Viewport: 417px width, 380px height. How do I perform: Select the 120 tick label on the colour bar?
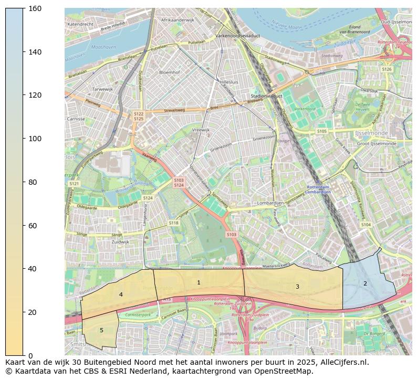35,95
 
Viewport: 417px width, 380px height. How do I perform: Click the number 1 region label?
199,283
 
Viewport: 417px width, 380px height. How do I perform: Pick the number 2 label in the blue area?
365,284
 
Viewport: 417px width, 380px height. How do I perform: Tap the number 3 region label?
297,287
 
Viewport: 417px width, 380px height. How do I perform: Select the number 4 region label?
121,295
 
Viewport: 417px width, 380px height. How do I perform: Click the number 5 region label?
101,330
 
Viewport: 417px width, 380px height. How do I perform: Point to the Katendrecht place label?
80,24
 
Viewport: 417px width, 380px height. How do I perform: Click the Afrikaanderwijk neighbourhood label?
178,20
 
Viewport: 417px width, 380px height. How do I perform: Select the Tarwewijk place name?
102,89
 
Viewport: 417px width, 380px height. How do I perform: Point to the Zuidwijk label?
120,242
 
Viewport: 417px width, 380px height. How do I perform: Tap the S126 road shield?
387,69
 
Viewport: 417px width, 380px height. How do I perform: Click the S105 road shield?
321,131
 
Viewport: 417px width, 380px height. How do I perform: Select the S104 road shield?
366,225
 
